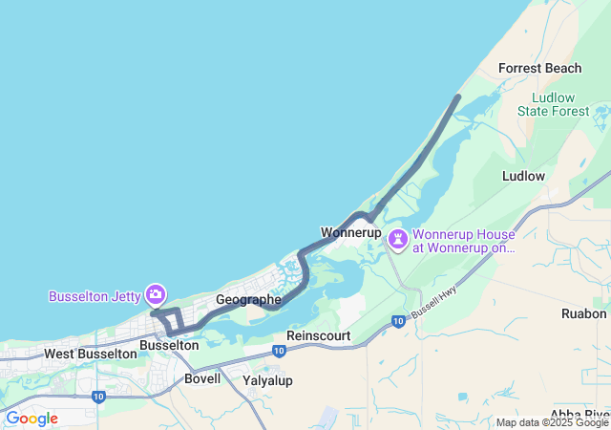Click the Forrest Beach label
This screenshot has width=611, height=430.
[540, 68]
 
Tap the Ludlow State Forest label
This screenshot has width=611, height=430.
[554, 104]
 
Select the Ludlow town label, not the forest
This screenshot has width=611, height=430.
[523, 176]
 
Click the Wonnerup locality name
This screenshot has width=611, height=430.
[350, 232]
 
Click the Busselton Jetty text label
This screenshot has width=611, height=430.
[95, 296]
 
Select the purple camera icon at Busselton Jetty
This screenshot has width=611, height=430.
[155, 294]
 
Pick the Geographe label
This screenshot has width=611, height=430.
[248, 299]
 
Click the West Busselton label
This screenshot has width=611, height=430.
[91, 354]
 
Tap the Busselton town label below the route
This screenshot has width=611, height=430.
[169, 344]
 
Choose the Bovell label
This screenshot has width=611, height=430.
[202, 378]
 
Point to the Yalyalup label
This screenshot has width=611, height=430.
[268, 380]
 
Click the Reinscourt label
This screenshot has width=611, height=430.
[319, 336]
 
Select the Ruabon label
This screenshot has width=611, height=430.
[584, 313]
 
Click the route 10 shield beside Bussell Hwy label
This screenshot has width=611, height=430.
[398, 322]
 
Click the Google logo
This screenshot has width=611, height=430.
[32, 419]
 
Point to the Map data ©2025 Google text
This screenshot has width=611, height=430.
[552, 422]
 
